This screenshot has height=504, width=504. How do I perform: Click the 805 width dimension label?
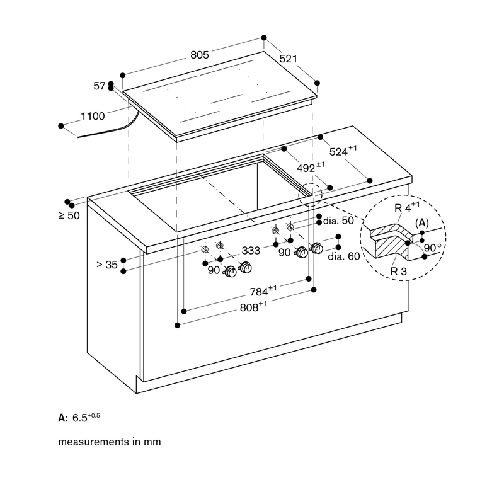point(200,55)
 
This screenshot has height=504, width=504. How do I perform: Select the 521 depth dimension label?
point(289,59)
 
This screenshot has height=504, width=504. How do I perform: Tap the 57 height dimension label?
point(100,86)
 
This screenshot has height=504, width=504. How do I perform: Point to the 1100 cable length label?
point(93,116)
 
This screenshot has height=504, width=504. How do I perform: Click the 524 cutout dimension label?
point(343,151)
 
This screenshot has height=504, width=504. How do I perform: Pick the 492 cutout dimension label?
point(311,167)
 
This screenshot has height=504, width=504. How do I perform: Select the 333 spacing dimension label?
point(251,250)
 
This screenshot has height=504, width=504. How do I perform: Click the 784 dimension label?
point(263,291)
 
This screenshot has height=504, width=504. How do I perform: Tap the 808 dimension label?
point(254,307)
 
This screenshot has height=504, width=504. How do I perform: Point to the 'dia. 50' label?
point(338,220)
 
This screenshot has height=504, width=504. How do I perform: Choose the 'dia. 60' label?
point(343,256)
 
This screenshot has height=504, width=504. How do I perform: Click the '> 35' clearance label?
point(107,265)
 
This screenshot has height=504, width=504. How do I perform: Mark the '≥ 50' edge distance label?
point(69,215)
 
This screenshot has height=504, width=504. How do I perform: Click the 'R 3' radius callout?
point(399,272)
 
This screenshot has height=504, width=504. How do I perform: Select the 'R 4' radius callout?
point(407,207)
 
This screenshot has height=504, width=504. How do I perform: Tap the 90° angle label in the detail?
point(433,248)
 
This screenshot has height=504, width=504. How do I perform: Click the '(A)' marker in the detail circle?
point(421,223)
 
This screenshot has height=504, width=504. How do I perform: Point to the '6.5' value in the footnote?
point(80,418)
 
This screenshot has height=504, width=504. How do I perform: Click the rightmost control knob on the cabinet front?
point(318,248)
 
